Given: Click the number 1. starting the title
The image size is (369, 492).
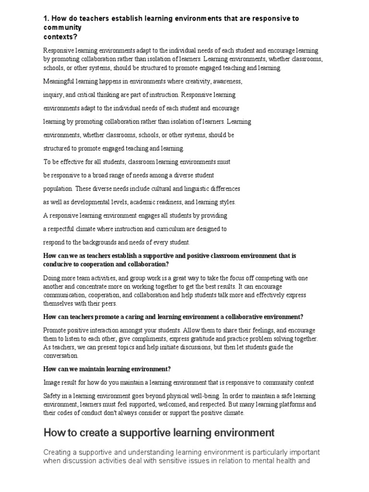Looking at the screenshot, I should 46,18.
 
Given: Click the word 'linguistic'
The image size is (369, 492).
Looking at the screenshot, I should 185,189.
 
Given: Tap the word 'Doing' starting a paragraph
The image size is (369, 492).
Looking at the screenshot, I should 52,278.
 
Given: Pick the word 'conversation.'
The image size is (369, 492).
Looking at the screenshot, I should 61,356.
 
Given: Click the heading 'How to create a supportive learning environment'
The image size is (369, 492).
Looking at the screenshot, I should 159,433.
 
